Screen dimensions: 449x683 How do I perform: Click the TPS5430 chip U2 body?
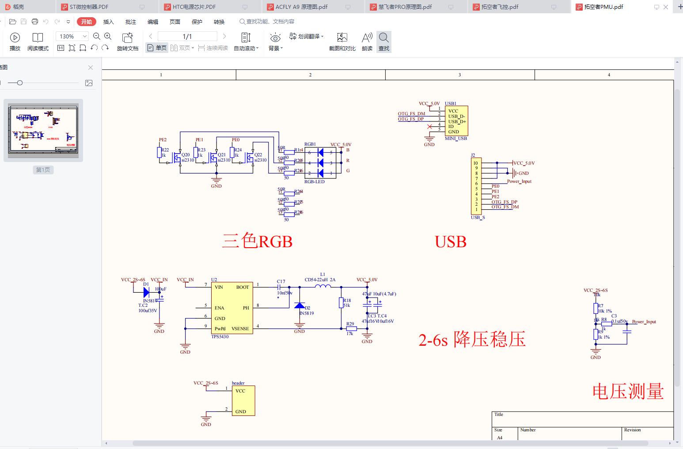[232, 308]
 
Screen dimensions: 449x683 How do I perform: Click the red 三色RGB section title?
[258, 241]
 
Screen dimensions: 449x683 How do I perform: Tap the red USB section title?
[451, 242]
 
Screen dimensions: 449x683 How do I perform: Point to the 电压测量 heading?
[628, 392]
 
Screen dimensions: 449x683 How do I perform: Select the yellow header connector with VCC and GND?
[243, 401]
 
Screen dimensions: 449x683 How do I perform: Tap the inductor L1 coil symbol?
[323, 287]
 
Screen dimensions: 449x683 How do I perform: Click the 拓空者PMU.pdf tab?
[603, 7]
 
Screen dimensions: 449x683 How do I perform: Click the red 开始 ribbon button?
[87, 22]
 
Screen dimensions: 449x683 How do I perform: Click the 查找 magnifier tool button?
[384, 42]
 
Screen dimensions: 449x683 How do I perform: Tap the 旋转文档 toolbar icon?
[128, 42]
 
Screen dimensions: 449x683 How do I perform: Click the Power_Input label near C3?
[644, 322]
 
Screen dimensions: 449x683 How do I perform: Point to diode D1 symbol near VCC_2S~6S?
[146, 292]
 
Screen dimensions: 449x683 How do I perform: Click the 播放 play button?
[15, 42]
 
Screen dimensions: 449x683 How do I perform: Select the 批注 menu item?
[131, 22]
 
